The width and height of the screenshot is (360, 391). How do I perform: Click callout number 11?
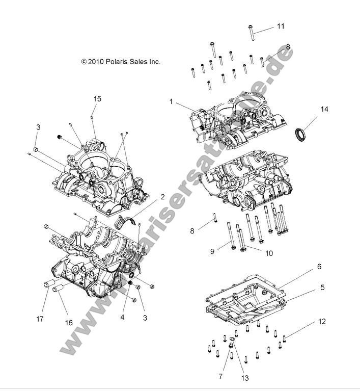[x=281, y=26]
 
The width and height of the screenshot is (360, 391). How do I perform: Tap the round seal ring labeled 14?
[x=301, y=135]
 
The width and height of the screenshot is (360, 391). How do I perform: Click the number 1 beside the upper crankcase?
[x=172, y=101]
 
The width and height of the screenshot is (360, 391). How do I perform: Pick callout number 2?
[x=162, y=197]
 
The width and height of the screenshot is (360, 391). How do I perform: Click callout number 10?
[x=269, y=252]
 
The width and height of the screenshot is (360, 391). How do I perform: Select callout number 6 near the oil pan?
[x=319, y=267]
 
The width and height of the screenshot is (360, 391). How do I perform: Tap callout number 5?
[x=322, y=288]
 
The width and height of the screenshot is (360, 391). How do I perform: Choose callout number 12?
[x=321, y=322]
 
